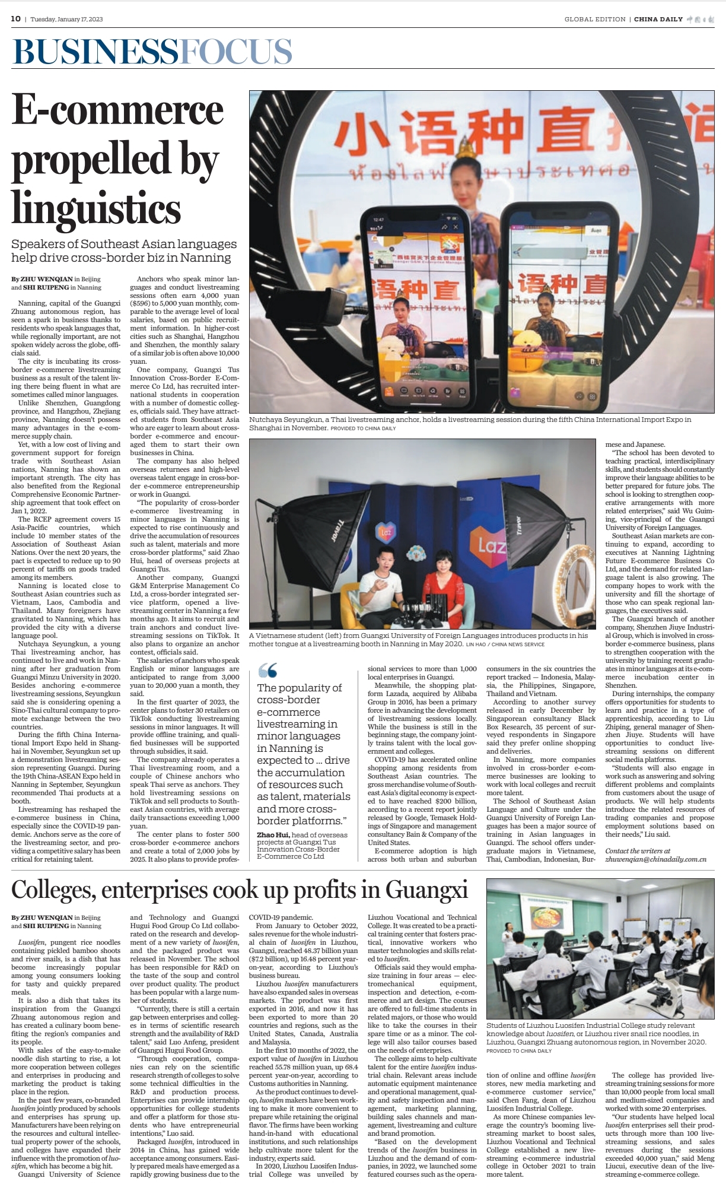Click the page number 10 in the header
click(x=15, y=19)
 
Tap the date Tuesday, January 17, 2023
click(x=66, y=20)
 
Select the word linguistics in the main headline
click(x=96, y=209)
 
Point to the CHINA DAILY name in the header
click(x=658, y=20)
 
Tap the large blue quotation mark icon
click(x=268, y=671)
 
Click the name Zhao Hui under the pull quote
click(x=273, y=835)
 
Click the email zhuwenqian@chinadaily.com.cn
click(x=655, y=859)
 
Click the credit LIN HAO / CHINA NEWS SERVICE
click(x=505, y=644)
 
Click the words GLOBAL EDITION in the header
click(x=595, y=20)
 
